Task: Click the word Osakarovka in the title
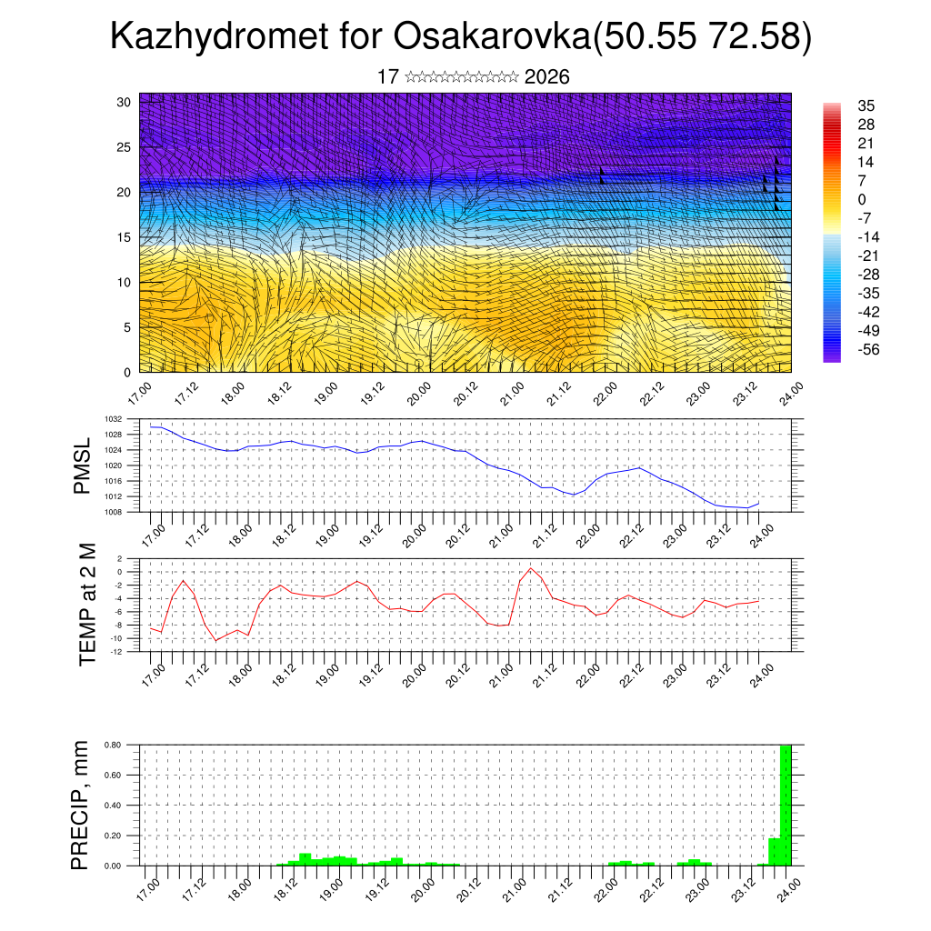(x=491, y=37)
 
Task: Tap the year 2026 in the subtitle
(x=547, y=77)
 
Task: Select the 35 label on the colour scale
(x=866, y=106)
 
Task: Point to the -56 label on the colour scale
(x=867, y=349)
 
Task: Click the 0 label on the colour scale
(x=862, y=199)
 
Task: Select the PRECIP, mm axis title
(x=83, y=804)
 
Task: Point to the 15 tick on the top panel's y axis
(x=124, y=237)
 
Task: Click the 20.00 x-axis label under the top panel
(x=417, y=394)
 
